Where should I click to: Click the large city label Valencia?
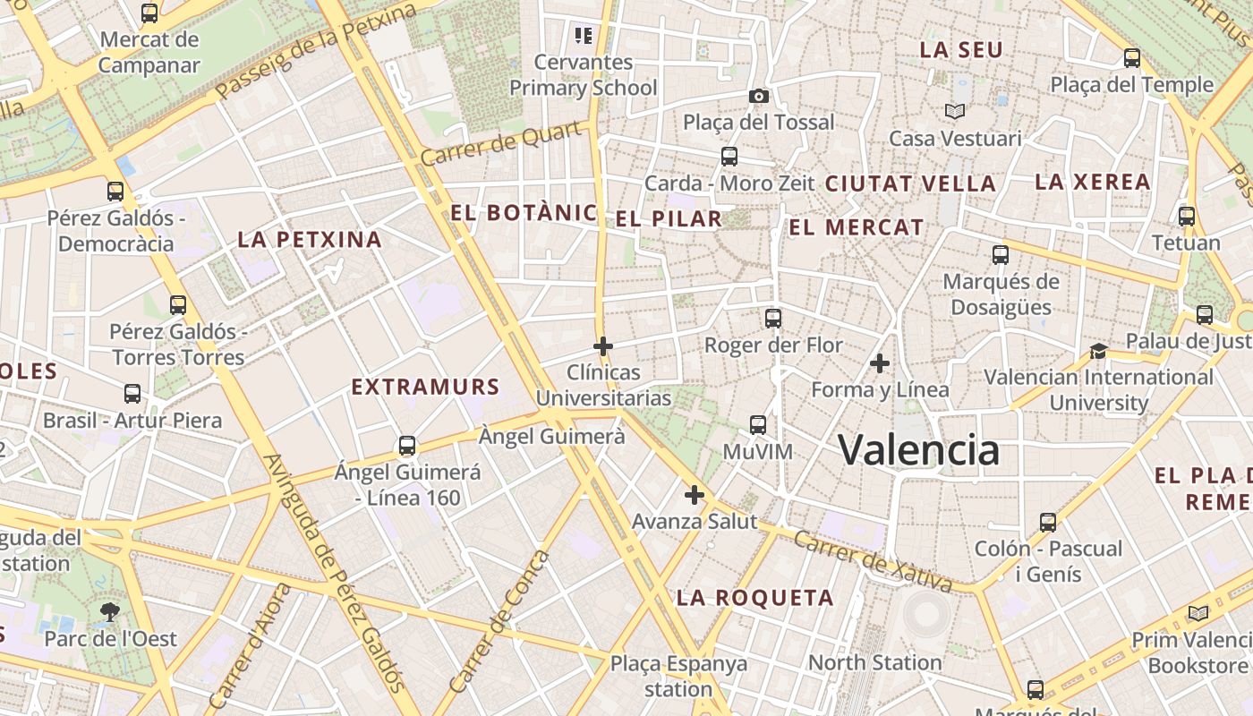click(918, 449)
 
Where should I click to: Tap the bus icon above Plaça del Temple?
click(1132, 58)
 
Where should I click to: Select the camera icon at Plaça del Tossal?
click(759, 96)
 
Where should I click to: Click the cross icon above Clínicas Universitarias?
click(603, 345)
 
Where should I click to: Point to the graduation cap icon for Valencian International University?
click(1098, 351)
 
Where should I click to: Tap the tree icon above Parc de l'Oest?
click(110, 612)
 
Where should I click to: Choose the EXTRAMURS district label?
click(425, 388)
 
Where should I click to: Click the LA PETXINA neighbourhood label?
click(310, 240)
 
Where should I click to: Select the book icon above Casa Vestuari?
click(955, 111)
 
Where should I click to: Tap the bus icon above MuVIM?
click(758, 424)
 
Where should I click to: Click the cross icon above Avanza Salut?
click(695, 494)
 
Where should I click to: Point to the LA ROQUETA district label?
click(754, 598)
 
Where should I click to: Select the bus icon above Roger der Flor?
click(773, 318)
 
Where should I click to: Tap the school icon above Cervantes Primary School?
click(584, 36)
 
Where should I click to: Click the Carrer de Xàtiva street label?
click(873, 562)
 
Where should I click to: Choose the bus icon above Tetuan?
click(1187, 216)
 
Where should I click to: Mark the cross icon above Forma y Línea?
click(880, 362)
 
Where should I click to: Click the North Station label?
click(874, 663)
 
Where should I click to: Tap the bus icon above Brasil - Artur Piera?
click(132, 393)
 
